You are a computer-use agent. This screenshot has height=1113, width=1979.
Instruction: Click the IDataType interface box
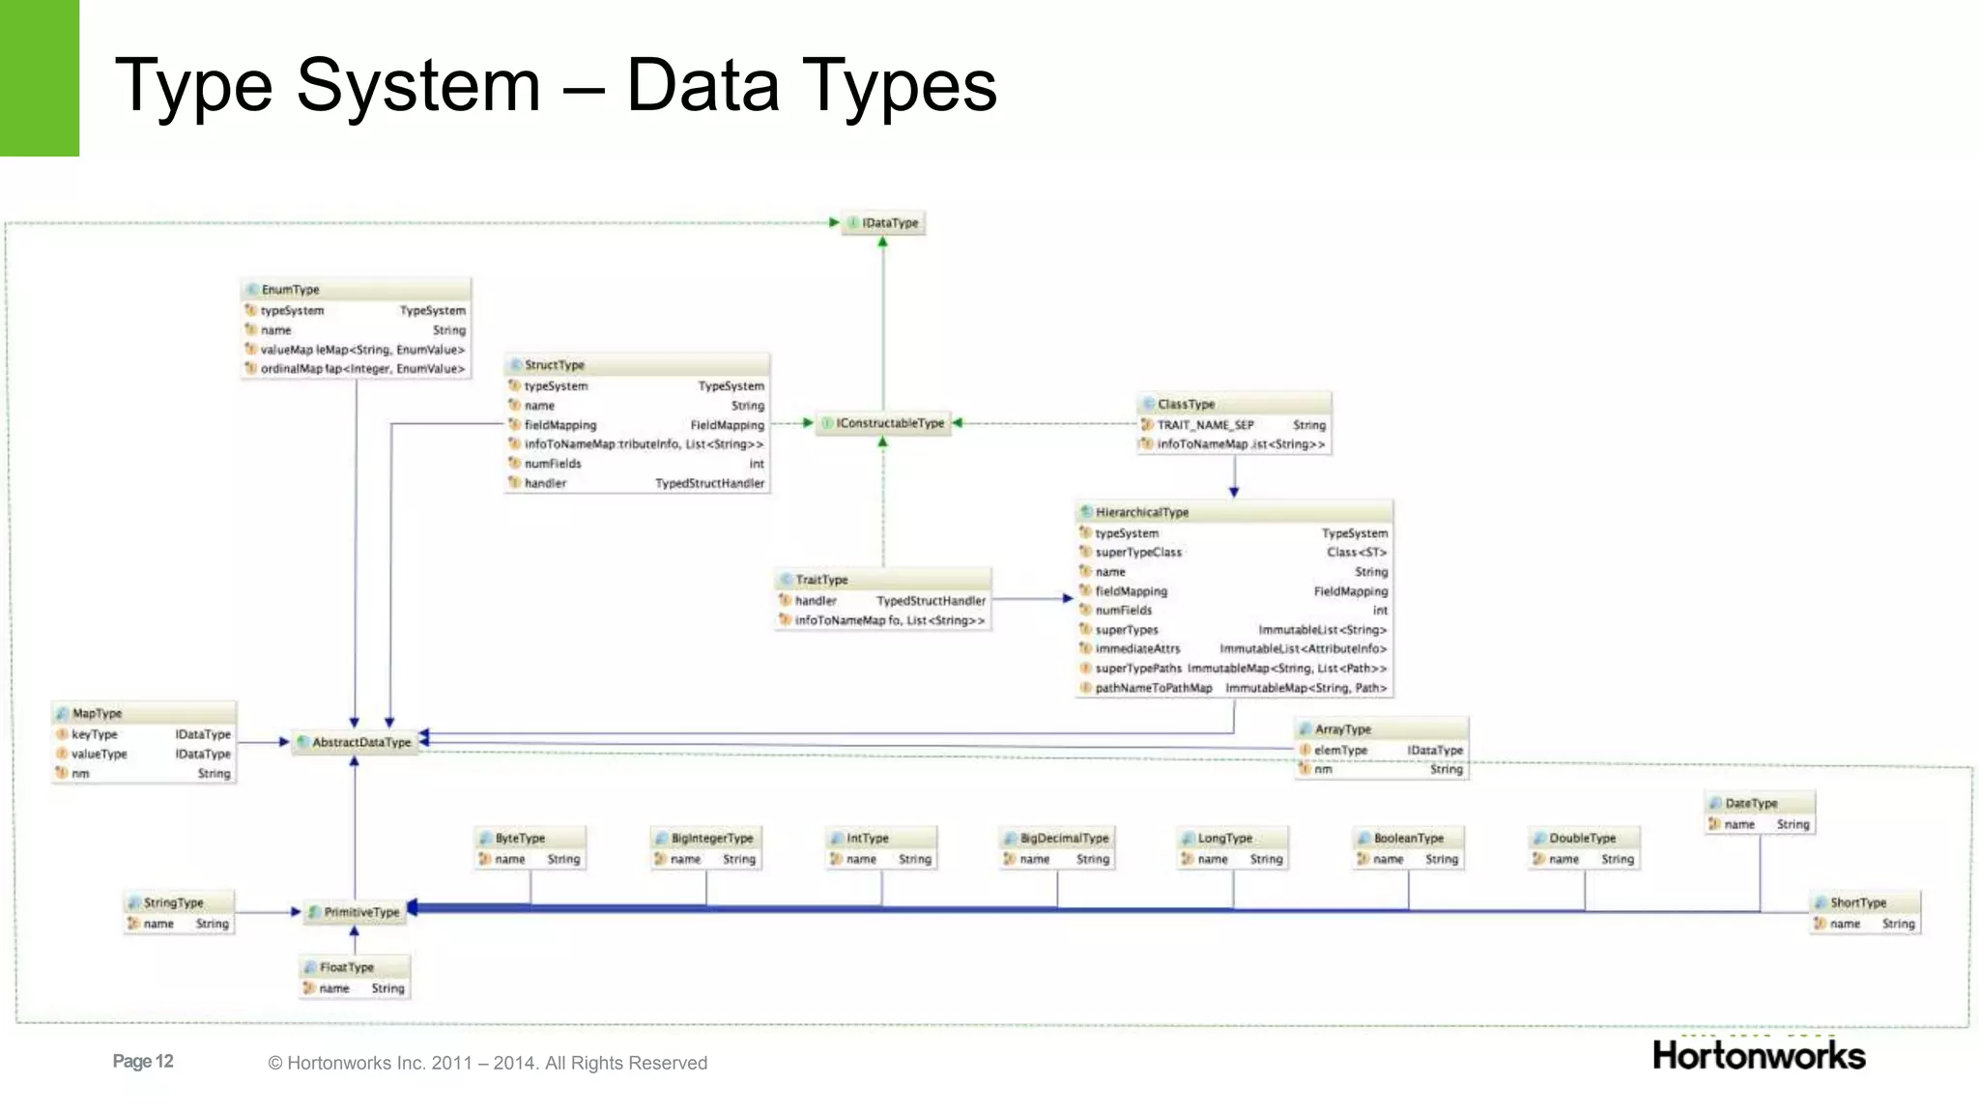pyautogui.click(x=883, y=223)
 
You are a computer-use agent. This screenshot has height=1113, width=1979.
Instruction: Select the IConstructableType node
pyautogui.click(x=883, y=423)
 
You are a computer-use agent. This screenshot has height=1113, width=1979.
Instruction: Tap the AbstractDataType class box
pyautogui.click(x=355, y=742)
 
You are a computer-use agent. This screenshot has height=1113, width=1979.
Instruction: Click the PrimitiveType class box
pyautogui.click(x=355, y=912)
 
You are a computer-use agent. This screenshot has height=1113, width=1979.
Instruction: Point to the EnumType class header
pyautogui.click(x=356, y=290)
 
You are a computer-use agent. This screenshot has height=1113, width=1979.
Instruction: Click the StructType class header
pyautogui.click(x=637, y=365)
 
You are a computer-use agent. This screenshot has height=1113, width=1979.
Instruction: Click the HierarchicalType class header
pyautogui.click(x=1234, y=512)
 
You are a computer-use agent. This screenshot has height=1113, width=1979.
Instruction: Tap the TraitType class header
pyautogui.click(x=882, y=580)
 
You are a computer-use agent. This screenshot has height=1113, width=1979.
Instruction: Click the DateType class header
pyautogui.click(x=1760, y=803)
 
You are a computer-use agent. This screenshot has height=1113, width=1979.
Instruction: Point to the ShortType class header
pyautogui.click(x=1864, y=902)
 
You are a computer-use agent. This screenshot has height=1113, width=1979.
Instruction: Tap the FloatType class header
pyautogui.click(x=355, y=967)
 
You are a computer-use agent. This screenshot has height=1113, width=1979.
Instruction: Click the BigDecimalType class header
pyautogui.click(x=1057, y=839)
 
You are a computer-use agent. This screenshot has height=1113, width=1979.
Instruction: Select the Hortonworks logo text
pyautogui.click(x=1759, y=1056)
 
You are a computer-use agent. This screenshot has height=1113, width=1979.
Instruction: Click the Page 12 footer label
pyautogui.click(x=143, y=1062)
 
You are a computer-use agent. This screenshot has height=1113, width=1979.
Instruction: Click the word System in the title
pyautogui.click(x=417, y=87)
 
